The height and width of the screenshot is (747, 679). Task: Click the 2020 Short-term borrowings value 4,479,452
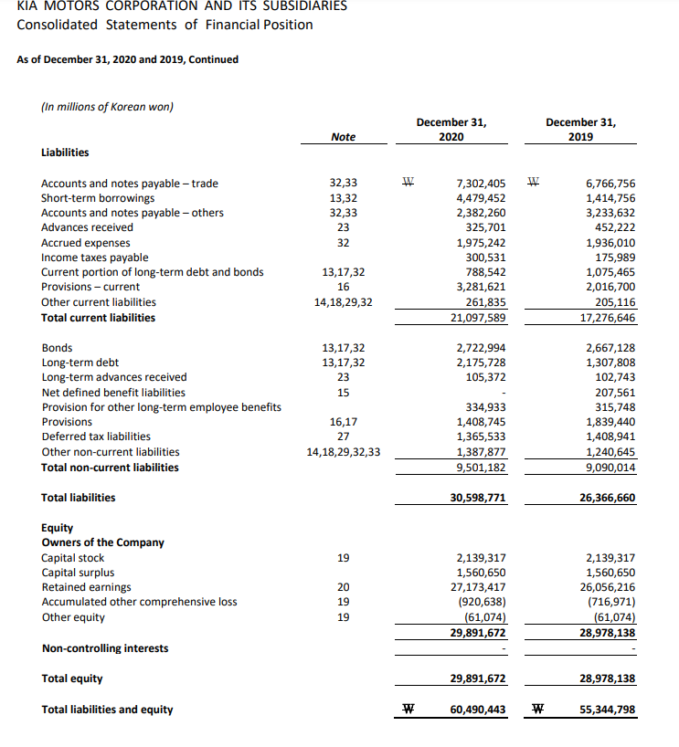click(x=480, y=198)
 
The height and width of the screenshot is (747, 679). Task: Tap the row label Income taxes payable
click(x=95, y=258)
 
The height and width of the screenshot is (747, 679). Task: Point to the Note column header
click(x=344, y=137)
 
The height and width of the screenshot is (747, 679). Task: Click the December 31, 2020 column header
click(x=451, y=129)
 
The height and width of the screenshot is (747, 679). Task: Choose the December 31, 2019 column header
click(x=580, y=129)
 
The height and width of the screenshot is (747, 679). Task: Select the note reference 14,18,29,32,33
click(x=344, y=452)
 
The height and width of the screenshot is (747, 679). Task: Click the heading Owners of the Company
click(x=102, y=542)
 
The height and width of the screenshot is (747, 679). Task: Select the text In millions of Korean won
click(x=108, y=107)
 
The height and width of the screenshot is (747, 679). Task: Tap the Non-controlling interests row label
click(x=105, y=648)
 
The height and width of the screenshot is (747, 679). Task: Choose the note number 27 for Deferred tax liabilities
click(x=344, y=437)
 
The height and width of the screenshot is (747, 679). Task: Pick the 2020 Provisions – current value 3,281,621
click(x=480, y=287)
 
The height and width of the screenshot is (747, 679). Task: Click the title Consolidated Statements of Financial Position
click(x=164, y=25)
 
